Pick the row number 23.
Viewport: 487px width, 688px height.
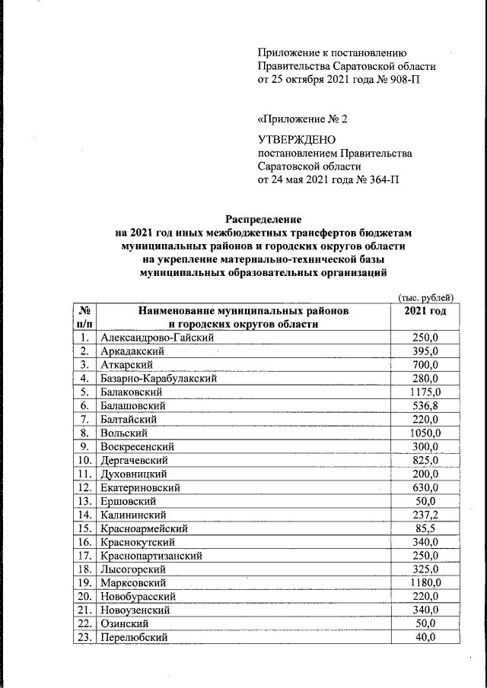click(84, 638)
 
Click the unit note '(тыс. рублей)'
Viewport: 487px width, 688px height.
click(426, 297)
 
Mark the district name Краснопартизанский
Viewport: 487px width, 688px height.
click(151, 556)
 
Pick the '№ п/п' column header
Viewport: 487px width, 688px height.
click(85, 318)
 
